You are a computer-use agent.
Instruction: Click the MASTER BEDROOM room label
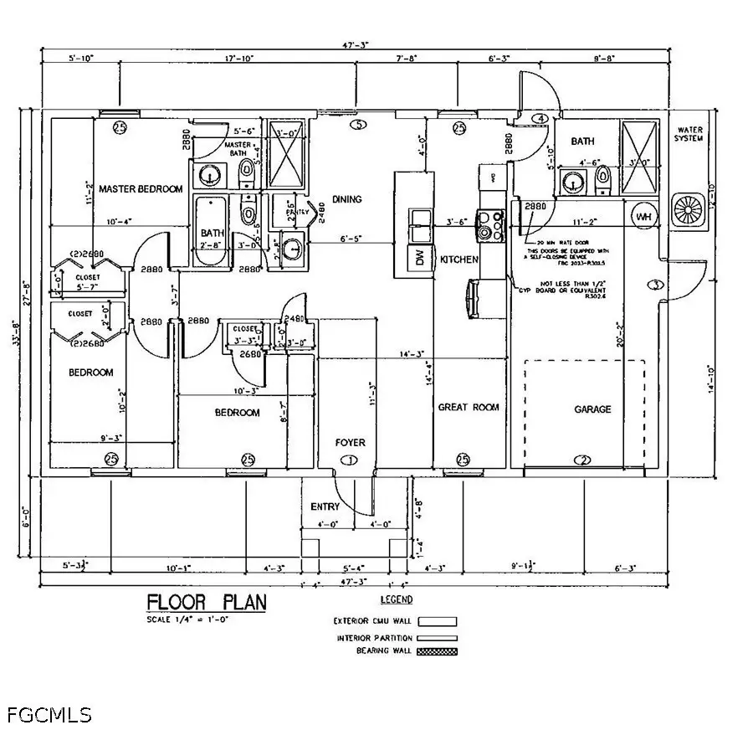coord(140,189)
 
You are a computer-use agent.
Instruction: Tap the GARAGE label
coord(592,409)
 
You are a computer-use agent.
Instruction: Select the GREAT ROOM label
coord(469,408)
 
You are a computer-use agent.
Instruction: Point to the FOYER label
coord(350,442)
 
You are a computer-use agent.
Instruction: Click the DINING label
coord(346,199)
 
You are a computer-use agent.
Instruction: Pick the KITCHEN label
coord(459,260)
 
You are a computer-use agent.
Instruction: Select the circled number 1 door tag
coord(350,460)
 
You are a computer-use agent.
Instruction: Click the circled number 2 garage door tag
coord(583,460)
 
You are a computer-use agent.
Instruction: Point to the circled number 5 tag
coord(359,126)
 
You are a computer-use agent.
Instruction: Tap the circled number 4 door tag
coord(540,119)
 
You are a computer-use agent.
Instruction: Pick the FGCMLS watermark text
coord(49,714)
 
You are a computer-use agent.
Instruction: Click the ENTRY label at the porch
coord(325,506)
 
